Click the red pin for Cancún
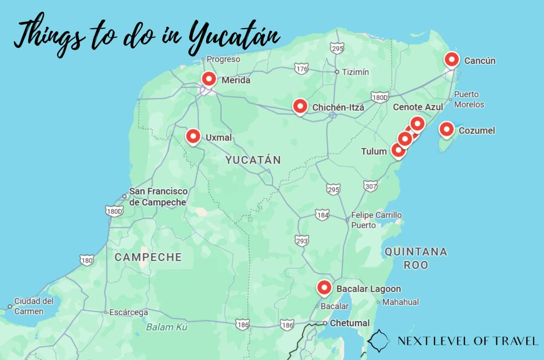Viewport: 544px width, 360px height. coord(452,60)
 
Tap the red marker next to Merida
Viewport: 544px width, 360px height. coord(209,79)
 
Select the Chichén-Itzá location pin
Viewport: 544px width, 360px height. coord(300,107)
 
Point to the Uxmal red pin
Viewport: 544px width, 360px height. coord(194,136)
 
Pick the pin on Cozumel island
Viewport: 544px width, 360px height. coord(447,130)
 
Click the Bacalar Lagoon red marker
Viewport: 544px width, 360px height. coord(324,287)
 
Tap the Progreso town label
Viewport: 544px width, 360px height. coord(223,59)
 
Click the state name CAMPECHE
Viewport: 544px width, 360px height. coord(148,258)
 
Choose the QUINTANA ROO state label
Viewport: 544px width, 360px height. coord(416,258)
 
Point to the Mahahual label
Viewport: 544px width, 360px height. coord(401,302)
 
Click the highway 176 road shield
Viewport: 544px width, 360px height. coord(301,69)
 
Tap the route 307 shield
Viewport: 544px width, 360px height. coord(369,186)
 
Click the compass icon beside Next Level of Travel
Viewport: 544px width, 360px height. coord(379,341)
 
